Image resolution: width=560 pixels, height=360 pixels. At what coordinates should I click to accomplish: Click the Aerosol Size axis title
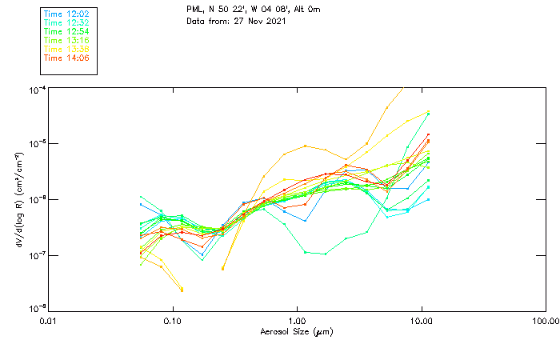tap(296, 331)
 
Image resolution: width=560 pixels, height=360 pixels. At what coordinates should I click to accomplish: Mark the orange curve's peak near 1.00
tap(306, 146)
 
